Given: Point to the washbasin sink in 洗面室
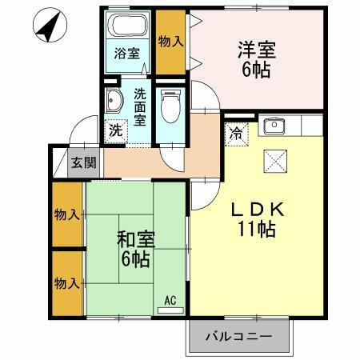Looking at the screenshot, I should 114,101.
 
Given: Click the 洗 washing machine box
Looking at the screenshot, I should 116,130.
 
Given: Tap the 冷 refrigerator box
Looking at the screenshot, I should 238,132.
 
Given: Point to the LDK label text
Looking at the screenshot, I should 255,209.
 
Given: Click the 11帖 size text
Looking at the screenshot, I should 255,230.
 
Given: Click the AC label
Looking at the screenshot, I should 170,300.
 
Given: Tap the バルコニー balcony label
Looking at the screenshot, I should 238,337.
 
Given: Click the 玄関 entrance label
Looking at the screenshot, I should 82,163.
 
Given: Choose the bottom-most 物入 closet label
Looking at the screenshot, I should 66,282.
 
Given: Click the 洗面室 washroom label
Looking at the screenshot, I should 140,106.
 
